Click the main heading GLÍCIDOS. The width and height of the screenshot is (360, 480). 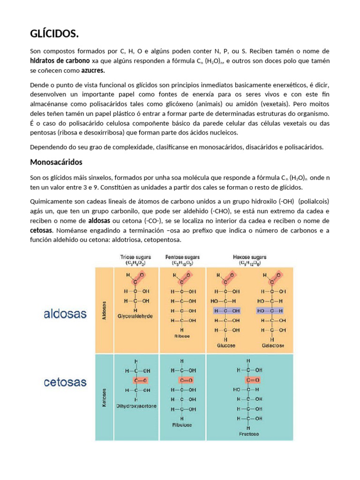(54, 34)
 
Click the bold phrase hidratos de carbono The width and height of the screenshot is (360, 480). (60, 61)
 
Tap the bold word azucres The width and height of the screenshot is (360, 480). (93, 71)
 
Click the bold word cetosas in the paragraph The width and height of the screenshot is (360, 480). (41, 231)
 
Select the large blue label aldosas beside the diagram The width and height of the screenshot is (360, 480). (65, 314)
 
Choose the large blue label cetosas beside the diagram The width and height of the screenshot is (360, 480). (65, 382)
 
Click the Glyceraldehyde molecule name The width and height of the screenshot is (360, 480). (135, 316)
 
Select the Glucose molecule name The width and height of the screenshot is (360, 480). (226, 345)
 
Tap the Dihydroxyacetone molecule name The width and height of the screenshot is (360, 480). (136, 405)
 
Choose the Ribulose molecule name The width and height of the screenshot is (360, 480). (182, 425)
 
